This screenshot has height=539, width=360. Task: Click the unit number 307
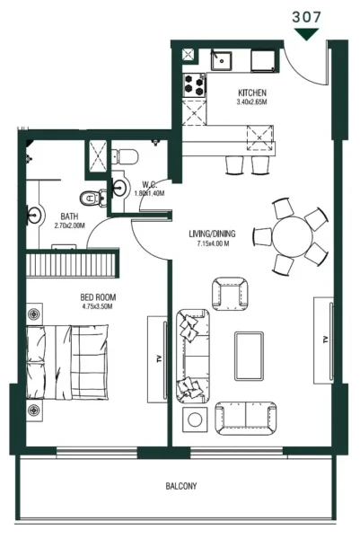[x=309, y=15]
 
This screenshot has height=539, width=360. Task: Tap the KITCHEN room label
[x=251, y=93]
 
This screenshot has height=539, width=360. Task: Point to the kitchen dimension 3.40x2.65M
[x=251, y=103]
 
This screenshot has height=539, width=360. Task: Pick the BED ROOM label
[x=98, y=296]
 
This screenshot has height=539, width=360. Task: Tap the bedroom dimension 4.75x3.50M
[x=98, y=306]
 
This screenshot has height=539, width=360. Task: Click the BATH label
[x=68, y=216]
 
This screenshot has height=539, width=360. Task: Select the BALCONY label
[x=182, y=486]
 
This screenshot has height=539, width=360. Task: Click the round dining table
[x=294, y=238]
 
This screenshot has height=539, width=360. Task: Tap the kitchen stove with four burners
[x=195, y=85]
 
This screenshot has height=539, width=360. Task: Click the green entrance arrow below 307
[x=309, y=34]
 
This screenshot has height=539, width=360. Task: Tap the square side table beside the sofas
[x=195, y=419]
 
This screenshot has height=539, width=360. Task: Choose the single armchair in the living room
[x=226, y=293]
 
